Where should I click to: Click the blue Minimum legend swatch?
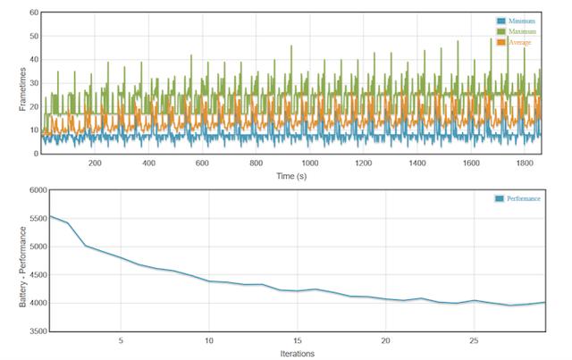click(x=501, y=21)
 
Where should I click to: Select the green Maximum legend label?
click(x=522, y=32)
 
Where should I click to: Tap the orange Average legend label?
click(x=520, y=42)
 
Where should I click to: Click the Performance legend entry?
click(x=517, y=198)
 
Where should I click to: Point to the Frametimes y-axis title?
click(x=22, y=89)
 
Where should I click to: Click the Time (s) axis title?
click(x=291, y=176)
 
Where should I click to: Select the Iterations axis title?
click(x=298, y=354)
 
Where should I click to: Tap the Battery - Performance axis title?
click(x=22, y=266)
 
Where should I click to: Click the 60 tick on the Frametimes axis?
click(x=34, y=13)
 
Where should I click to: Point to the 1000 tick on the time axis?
click(x=310, y=163)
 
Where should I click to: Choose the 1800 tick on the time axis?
click(x=525, y=163)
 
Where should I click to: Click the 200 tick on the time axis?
click(x=95, y=163)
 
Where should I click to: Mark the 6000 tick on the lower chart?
click(x=38, y=190)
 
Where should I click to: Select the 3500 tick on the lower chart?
click(x=38, y=331)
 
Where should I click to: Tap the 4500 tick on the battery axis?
click(x=38, y=274)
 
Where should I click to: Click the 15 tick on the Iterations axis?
click(x=298, y=340)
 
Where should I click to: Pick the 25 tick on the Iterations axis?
click(x=474, y=340)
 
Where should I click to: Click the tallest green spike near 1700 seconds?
click(x=508, y=37)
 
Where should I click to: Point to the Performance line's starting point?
click(x=50, y=216)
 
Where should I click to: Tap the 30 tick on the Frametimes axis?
click(x=34, y=83)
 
